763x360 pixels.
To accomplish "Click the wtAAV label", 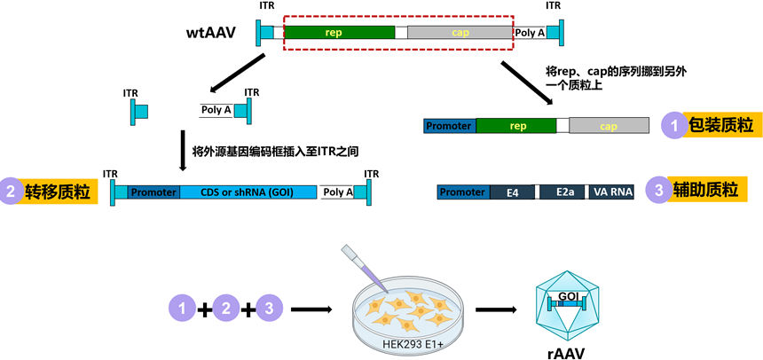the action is (x=213, y=33).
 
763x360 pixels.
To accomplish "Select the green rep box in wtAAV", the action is (x=340, y=33).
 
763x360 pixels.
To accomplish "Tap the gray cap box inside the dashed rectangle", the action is (x=460, y=33).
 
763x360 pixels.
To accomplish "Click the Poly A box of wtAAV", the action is (x=530, y=33).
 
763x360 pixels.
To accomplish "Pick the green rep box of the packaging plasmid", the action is (x=516, y=126).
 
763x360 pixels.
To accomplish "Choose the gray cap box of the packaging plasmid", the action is (x=609, y=126).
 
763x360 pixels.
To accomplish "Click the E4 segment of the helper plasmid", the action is (x=513, y=192).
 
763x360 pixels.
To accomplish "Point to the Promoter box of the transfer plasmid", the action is (x=153, y=192).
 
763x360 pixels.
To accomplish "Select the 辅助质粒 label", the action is (x=705, y=191).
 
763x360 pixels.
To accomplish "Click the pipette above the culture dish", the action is (x=364, y=269).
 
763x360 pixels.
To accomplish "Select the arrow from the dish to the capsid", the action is (x=496, y=309).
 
